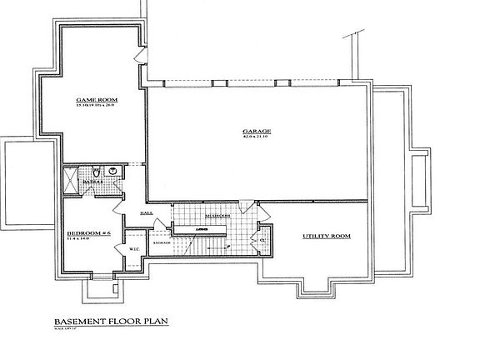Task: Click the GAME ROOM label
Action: coord(91,97)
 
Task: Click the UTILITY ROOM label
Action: coord(324,236)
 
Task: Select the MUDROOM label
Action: coord(217,215)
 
